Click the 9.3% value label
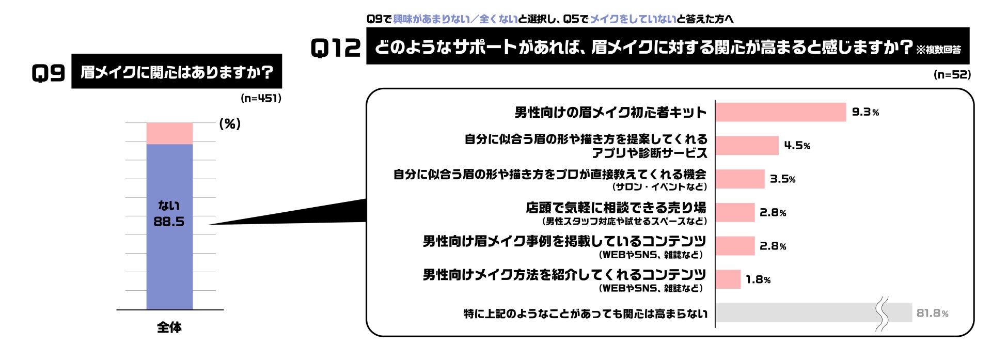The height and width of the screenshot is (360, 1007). coord(865,112)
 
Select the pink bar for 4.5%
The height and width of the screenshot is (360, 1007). coord(747,146)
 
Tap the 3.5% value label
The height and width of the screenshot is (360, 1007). coord(782,179)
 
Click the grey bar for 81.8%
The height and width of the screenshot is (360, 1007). coord(813,313)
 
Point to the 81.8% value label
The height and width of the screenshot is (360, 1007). coord(932,313)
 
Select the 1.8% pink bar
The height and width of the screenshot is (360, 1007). coord(728,279)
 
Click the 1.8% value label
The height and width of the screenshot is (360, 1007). coord(758,279)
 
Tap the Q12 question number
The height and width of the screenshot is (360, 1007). coord(336,48)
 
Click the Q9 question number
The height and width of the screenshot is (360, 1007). coord(48,73)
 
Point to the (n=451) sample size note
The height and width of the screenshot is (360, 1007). coord(261,98)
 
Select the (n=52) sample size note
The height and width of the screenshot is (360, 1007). coord(952,74)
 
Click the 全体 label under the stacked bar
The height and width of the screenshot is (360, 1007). coord(169,327)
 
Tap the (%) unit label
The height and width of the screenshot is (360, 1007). coord(230,123)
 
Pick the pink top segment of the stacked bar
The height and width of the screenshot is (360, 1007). coord(169,133)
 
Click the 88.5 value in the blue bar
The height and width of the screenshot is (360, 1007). coord(169,222)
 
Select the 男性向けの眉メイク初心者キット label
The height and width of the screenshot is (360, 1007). coord(611,113)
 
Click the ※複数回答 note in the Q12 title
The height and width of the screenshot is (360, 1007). coord(939,50)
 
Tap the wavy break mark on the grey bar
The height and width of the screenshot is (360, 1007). coord(883,314)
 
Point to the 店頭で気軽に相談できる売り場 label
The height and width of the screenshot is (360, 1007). coord(616,208)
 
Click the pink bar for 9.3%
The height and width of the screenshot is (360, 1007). coord(781,112)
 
